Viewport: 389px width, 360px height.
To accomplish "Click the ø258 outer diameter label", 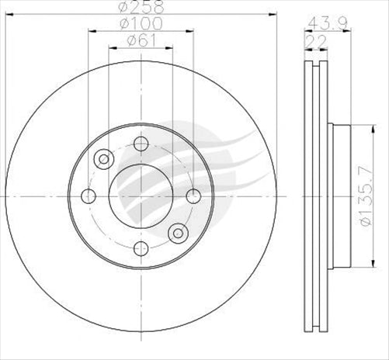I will (x=141, y=9).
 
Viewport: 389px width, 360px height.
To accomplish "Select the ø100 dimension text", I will (x=141, y=26).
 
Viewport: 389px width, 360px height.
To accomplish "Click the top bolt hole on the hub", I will (x=141, y=143).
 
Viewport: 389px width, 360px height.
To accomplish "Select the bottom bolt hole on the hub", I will (x=141, y=247).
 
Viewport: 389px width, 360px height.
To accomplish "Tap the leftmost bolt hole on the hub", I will (x=89, y=195).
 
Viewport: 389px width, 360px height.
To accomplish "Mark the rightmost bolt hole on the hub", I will (x=193, y=195).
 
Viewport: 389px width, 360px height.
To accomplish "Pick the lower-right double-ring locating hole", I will (x=178, y=231).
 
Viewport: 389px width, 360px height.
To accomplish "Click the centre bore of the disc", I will (x=141, y=195).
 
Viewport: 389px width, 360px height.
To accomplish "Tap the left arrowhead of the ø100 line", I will (x=91, y=32).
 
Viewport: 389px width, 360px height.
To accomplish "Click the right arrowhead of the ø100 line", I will (x=190, y=32).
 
